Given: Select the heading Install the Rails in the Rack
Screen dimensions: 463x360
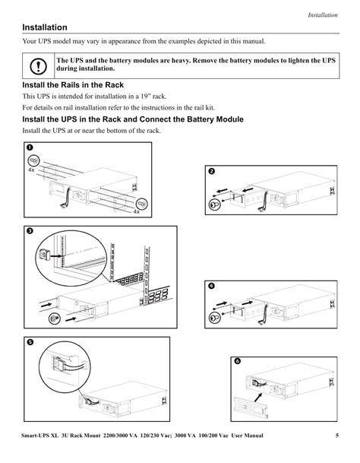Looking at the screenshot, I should tap(72, 86).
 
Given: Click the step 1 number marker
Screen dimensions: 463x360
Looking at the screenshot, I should tap(29, 147).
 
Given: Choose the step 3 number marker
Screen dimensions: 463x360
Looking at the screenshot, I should tap(29, 231).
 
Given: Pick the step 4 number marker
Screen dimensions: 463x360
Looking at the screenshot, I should tap(212, 287).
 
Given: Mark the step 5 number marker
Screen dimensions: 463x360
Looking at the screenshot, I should tap(30, 343).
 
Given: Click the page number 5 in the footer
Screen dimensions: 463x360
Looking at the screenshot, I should tap(336, 436).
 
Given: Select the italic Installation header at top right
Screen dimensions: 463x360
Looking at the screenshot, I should tap(322, 15).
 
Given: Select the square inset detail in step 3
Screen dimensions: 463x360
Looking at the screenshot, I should tap(45, 249).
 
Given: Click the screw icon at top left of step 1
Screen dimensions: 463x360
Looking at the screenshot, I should tap(34, 160).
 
